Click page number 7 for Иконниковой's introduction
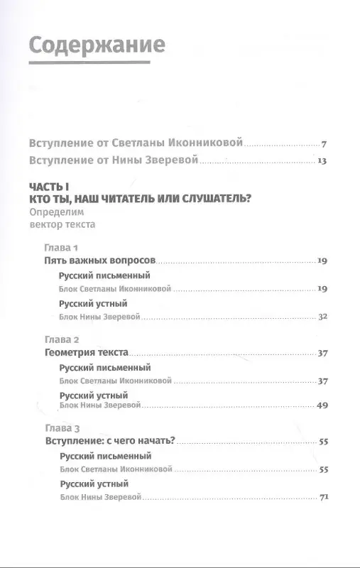click(323, 143)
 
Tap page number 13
click(321, 161)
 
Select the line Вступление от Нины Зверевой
click(111, 161)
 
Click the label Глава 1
click(61, 248)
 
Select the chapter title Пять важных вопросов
click(99, 262)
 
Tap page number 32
click(322, 316)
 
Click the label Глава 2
click(62, 338)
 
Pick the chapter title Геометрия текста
click(86, 352)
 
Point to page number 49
click(322, 405)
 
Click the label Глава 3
click(62, 428)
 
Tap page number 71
click(322, 496)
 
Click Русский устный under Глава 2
click(93, 394)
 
